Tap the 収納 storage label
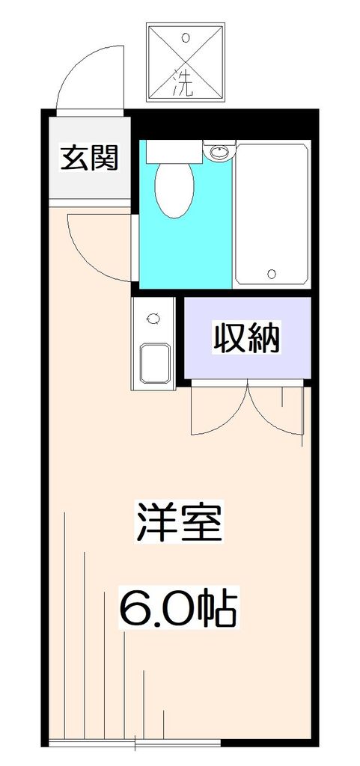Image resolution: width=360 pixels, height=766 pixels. coord(247,338)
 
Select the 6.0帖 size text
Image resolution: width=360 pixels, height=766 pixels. coord(179,610)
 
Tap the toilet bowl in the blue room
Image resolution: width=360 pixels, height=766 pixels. coord(175,189)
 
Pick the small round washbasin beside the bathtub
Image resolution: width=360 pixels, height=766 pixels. coord(220,153)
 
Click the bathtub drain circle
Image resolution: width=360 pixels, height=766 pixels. coord(272,272)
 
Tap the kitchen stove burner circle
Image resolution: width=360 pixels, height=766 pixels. coord(154,319)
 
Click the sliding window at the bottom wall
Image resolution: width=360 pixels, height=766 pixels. coord(135,743)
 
